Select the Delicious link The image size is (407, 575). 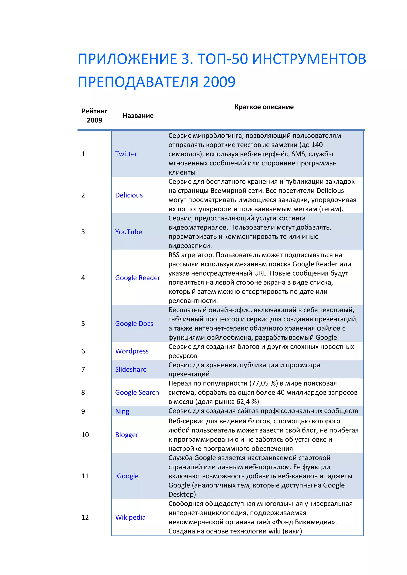[x=129, y=195]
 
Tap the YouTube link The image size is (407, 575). [x=128, y=232]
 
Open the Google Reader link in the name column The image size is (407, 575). [x=138, y=278]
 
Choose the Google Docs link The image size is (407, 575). [x=134, y=324]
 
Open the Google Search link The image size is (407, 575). [x=137, y=392]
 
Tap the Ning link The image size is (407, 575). [x=122, y=411]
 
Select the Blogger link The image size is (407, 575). [x=127, y=435]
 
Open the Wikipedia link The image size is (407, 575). [x=130, y=517]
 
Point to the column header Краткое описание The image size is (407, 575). [x=264, y=107]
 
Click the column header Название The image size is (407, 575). [x=138, y=116]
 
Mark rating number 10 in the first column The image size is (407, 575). [x=85, y=435]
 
